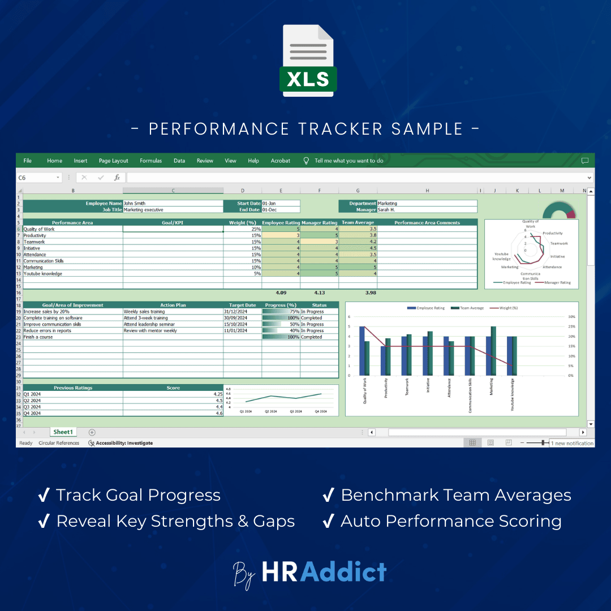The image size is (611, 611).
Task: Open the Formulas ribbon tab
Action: click(150, 161)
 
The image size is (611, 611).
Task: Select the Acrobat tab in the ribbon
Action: click(280, 161)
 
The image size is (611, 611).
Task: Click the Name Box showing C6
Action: click(37, 178)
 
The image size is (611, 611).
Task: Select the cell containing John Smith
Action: click(173, 203)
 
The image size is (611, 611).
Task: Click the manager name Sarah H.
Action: click(427, 209)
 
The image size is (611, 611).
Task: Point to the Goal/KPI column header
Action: click(173, 222)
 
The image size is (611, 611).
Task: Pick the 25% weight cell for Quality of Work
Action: click(243, 229)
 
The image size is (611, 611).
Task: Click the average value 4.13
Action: click(319, 292)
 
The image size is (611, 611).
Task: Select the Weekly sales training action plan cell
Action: click(173, 312)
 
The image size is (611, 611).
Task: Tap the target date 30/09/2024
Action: click(243, 318)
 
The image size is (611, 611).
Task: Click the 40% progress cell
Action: click(281, 331)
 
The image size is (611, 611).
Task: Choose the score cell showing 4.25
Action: click(173, 394)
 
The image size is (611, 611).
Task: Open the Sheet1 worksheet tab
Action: click(63, 432)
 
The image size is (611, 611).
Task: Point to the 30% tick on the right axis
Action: click(571, 317)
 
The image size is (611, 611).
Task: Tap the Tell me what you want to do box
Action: click(348, 161)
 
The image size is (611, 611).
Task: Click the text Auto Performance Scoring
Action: click(451, 521)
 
